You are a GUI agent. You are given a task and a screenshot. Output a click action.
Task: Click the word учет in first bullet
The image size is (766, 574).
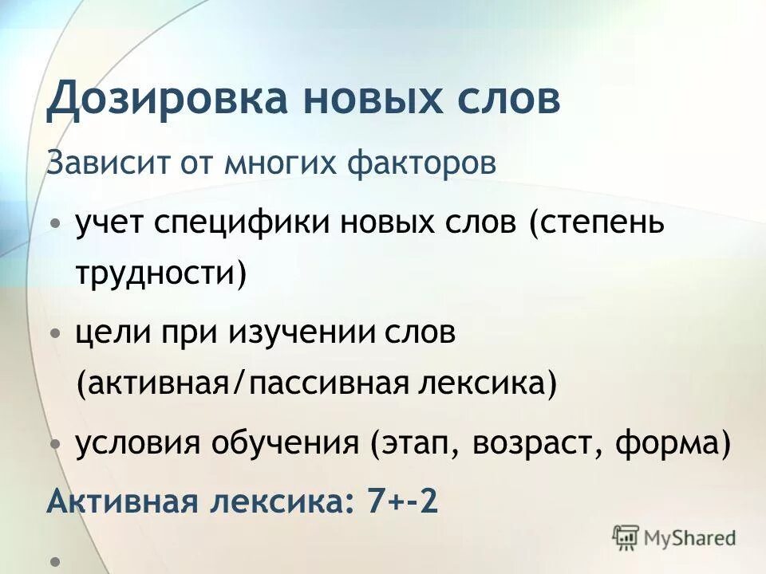(x=108, y=224)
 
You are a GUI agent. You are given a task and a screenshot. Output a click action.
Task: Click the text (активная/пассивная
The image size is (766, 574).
(x=243, y=383)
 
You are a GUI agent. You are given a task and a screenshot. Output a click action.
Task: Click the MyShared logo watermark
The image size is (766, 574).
(x=674, y=537)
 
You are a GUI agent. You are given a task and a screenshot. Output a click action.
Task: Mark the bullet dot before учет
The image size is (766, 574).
(x=54, y=224)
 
